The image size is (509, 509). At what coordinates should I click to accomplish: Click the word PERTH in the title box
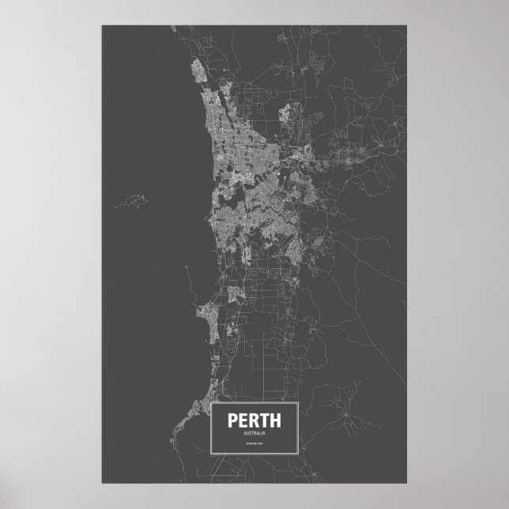253,421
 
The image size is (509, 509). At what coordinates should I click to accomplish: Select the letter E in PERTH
243,421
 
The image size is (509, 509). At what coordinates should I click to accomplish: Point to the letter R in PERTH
252,421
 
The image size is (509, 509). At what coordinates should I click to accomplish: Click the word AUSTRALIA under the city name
253,434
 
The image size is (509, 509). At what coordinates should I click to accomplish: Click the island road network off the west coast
130,203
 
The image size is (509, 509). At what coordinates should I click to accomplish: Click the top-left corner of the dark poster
102,25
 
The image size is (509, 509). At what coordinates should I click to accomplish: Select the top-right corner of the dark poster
407,25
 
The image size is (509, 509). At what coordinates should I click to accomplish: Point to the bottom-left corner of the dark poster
102,484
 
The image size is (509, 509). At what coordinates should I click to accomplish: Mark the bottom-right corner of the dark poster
407,484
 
